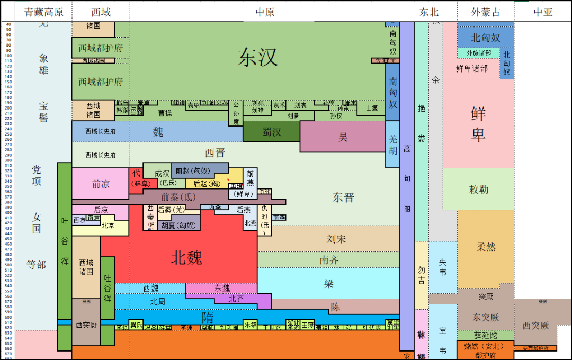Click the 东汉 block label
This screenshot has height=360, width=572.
coord(258,57)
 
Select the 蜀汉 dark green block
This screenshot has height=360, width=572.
coord(272,132)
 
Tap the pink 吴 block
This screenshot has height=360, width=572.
coord(343,137)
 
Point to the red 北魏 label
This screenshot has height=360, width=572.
coord(186,258)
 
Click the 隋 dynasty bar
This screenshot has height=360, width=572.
coord(208,317)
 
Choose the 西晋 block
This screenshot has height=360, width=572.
coord(215,153)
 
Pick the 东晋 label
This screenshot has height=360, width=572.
coord(343,197)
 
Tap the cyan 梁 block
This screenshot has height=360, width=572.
coord(329,283)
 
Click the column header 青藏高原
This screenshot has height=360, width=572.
coord(43,12)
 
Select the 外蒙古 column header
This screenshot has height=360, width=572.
coord(485,12)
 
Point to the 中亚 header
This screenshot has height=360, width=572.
coord(543,12)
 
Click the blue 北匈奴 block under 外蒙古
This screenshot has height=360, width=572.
coord(485,38)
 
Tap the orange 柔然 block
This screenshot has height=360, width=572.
coord(486,247)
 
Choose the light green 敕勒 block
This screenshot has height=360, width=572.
coord(478,190)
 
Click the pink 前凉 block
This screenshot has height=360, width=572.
coord(101,184)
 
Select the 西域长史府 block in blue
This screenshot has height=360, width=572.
coord(101,131)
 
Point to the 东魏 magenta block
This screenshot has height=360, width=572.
coord(222,288)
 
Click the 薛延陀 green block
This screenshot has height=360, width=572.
coord(485,335)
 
